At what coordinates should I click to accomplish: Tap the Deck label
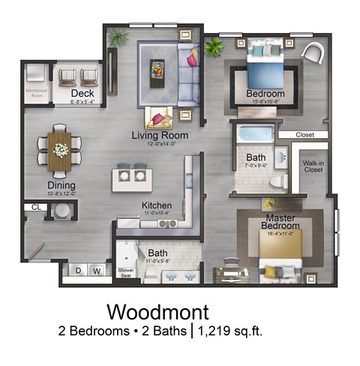[80, 92]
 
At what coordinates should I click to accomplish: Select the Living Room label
[159, 135]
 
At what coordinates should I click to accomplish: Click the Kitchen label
[157, 205]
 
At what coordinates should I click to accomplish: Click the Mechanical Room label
[35, 95]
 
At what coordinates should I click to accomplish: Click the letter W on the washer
[96, 270]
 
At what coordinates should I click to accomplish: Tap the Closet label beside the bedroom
[304, 136]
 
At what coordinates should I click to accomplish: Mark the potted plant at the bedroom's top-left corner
[214, 47]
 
